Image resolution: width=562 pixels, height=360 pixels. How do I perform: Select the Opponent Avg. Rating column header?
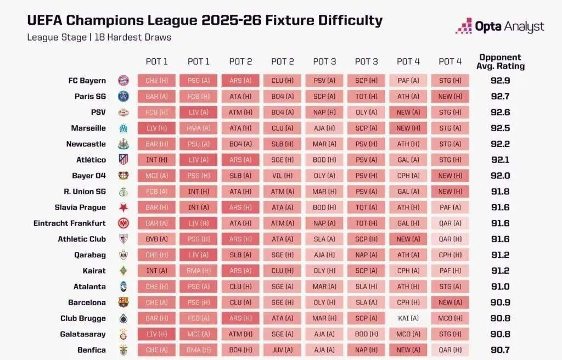click(500, 61)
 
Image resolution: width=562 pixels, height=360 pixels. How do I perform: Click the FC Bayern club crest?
click(123, 81)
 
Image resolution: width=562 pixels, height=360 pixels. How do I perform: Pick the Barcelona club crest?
click(123, 302)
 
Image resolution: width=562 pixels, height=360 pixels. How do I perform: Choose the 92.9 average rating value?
click(500, 81)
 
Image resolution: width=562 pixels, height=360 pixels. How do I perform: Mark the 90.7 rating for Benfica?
click(500, 350)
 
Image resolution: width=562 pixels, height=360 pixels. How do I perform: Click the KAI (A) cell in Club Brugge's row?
click(408, 318)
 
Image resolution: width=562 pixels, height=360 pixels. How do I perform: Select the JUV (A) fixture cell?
click(282, 350)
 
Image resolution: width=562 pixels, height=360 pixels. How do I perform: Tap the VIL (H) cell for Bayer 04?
click(282, 176)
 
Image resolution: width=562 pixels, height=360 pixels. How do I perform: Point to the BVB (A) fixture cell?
click(156, 239)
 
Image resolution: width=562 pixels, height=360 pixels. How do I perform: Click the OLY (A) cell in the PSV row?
click(366, 113)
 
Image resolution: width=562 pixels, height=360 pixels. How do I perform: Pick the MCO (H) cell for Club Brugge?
click(449, 318)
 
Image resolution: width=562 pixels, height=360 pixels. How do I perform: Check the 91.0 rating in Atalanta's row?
click(500, 286)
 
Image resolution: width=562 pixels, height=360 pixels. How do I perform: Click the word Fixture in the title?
click(289, 21)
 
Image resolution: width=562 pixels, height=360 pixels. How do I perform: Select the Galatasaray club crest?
click(123, 334)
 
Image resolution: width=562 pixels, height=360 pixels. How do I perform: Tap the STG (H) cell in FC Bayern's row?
click(449, 81)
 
